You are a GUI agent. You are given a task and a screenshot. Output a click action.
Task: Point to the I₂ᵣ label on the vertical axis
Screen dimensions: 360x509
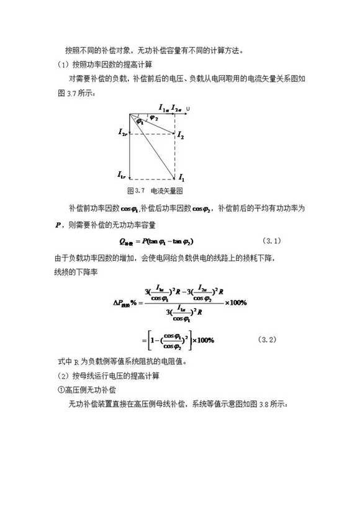pyautogui.click(x=122, y=132)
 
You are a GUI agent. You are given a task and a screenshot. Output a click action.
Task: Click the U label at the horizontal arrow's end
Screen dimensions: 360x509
pyautogui.click(x=188, y=109)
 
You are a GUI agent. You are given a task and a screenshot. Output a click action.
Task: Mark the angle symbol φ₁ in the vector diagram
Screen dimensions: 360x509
pyautogui.click(x=140, y=122)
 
